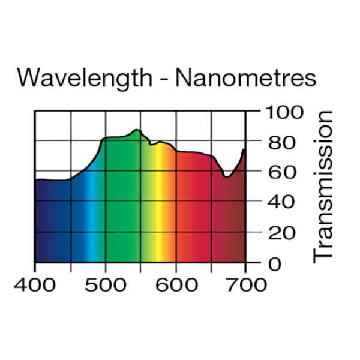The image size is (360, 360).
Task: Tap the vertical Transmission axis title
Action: pyautogui.click(x=324, y=186)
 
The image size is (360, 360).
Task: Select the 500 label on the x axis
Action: pyautogui.click(x=105, y=283)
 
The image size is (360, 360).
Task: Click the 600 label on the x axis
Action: pyautogui.click(x=175, y=283)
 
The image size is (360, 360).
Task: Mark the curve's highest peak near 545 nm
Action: pyautogui.click(x=137, y=130)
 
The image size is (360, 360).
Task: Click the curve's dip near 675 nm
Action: pyautogui.click(x=227, y=176)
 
